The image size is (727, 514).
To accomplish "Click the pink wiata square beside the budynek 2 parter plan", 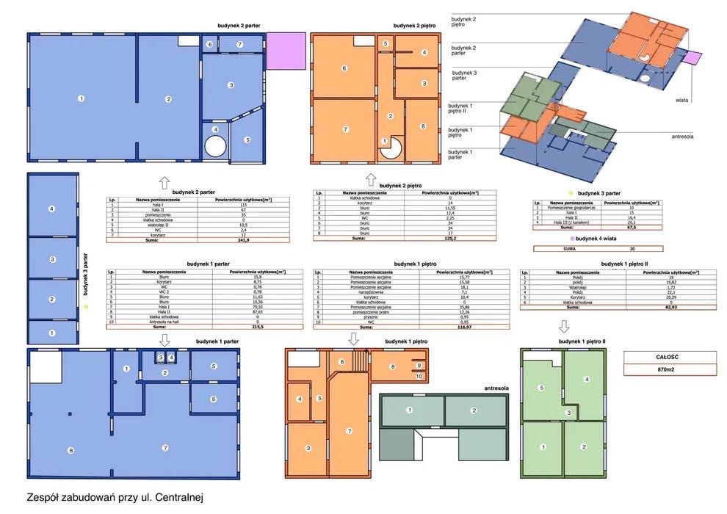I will [x=284, y=51].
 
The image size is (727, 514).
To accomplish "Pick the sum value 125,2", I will [x=449, y=239].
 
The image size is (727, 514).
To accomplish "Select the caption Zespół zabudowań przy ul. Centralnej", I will [x=113, y=497].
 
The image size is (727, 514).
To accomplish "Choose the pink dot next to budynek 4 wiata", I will [x=570, y=239].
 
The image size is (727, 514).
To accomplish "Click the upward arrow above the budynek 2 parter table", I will [x=164, y=182].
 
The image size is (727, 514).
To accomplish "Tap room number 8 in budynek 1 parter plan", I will [x=71, y=450].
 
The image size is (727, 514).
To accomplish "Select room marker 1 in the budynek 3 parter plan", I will [x=51, y=333].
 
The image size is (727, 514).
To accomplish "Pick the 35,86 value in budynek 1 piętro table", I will [x=449, y=306].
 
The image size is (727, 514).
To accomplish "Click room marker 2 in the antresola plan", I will [x=474, y=410].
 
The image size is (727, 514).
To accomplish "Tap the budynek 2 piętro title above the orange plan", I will [x=416, y=26].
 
